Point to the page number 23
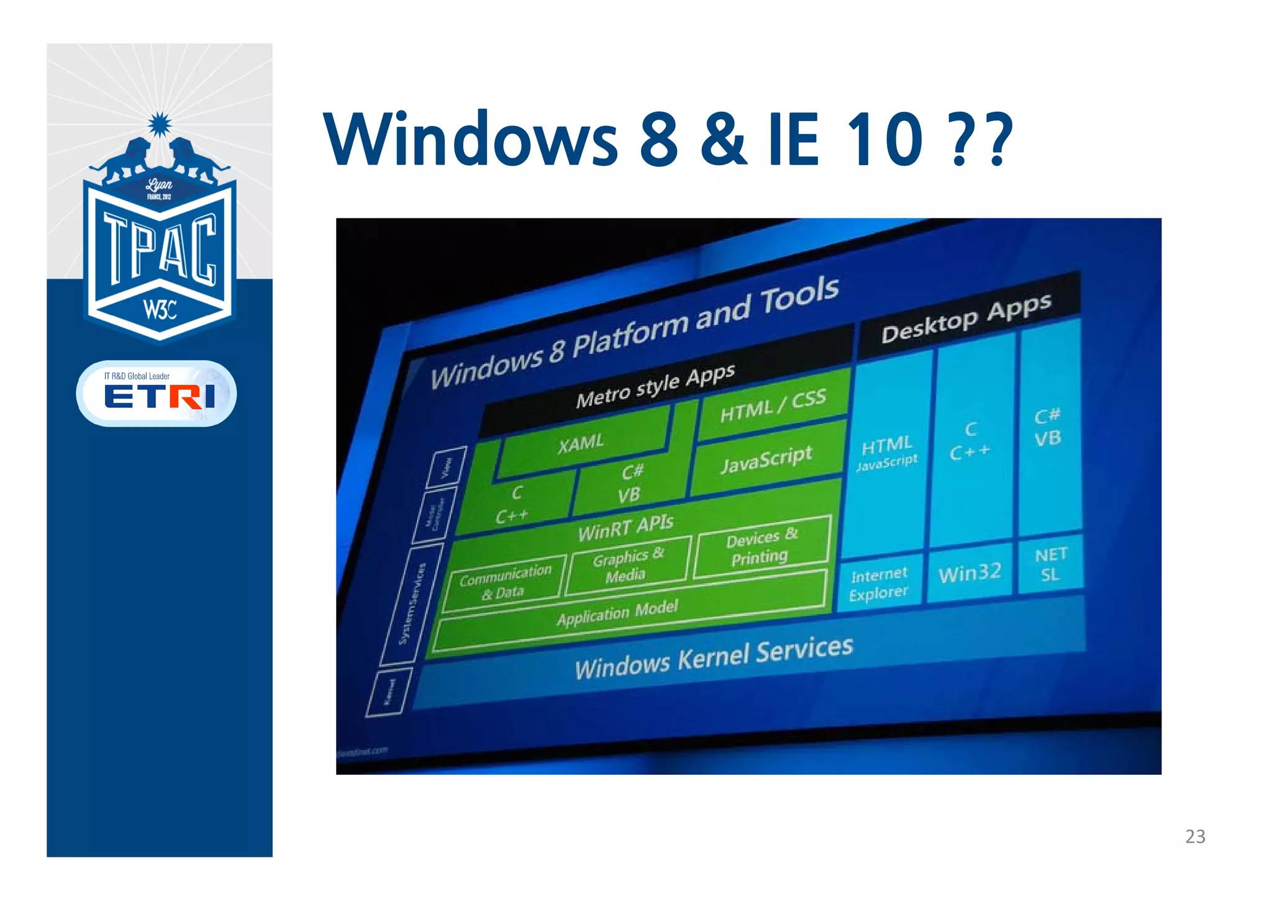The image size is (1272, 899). click(x=1195, y=837)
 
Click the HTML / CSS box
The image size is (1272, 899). click(x=773, y=405)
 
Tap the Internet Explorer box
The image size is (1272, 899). click(x=879, y=584)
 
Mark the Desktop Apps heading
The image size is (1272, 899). click(x=966, y=318)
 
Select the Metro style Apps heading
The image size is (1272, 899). click(x=655, y=386)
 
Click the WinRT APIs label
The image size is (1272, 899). click(x=625, y=528)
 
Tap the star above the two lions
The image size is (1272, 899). click(x=160, y=125)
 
